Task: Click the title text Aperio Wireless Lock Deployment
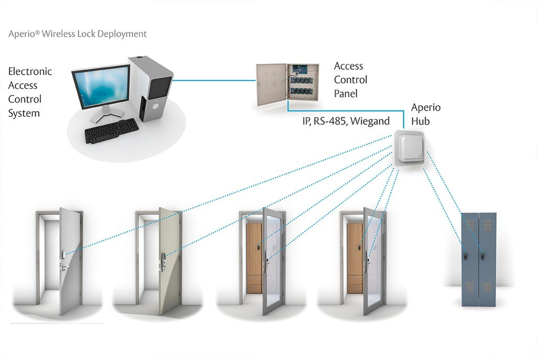[78, 34]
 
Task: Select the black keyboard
[111, 130]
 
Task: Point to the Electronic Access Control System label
[30, 92]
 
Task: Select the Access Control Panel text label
[350, 80]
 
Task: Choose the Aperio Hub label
[425, 113]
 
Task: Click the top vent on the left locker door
[470, 224]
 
